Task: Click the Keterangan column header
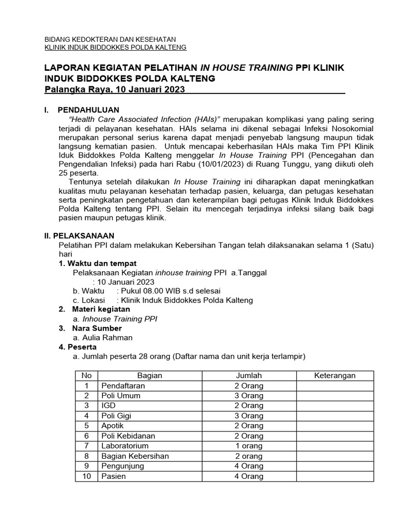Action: pos(334,376)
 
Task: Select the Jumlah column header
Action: pos(249,376)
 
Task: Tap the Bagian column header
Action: pos(150,376)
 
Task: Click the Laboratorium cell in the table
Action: pos(125,446)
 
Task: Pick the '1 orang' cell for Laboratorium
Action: pos(249,446)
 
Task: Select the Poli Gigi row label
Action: pos(117,416)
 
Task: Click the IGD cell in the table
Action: pos(109,406)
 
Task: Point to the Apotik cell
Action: pos(113,426)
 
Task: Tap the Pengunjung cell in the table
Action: pos(123,466)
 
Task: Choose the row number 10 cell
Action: pos(87,476)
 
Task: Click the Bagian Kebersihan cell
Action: pos(135,456)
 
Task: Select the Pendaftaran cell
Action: pos(124,386)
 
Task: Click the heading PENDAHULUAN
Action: pos(88,110)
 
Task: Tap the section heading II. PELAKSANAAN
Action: pos(79,235)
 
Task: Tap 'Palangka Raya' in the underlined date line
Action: pos(74,90)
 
